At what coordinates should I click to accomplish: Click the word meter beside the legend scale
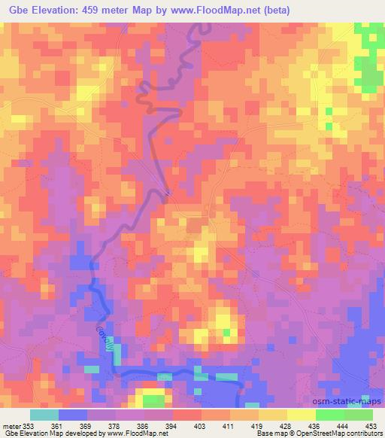point(11,426)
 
